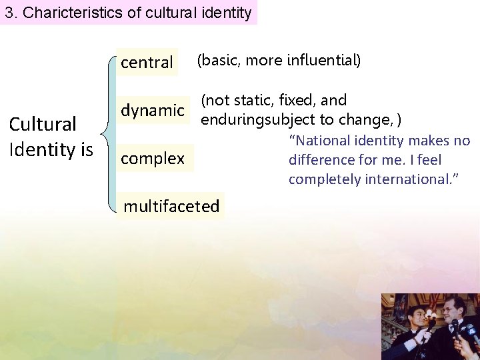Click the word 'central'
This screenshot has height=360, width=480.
[x=147, y=63]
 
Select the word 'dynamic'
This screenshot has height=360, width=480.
[x=152, y=110]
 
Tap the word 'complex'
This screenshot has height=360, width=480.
[x=153, y=159]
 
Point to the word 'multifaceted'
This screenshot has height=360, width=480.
[x=171, y=206]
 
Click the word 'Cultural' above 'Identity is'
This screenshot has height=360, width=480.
[x=43, y=125]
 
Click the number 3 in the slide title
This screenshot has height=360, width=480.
[x=9, y=13]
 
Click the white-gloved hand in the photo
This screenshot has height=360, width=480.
[x=423, y=337]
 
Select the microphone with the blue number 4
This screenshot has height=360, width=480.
[x=471, y=332]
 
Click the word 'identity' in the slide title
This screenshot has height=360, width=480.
[x=229, y=13]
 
